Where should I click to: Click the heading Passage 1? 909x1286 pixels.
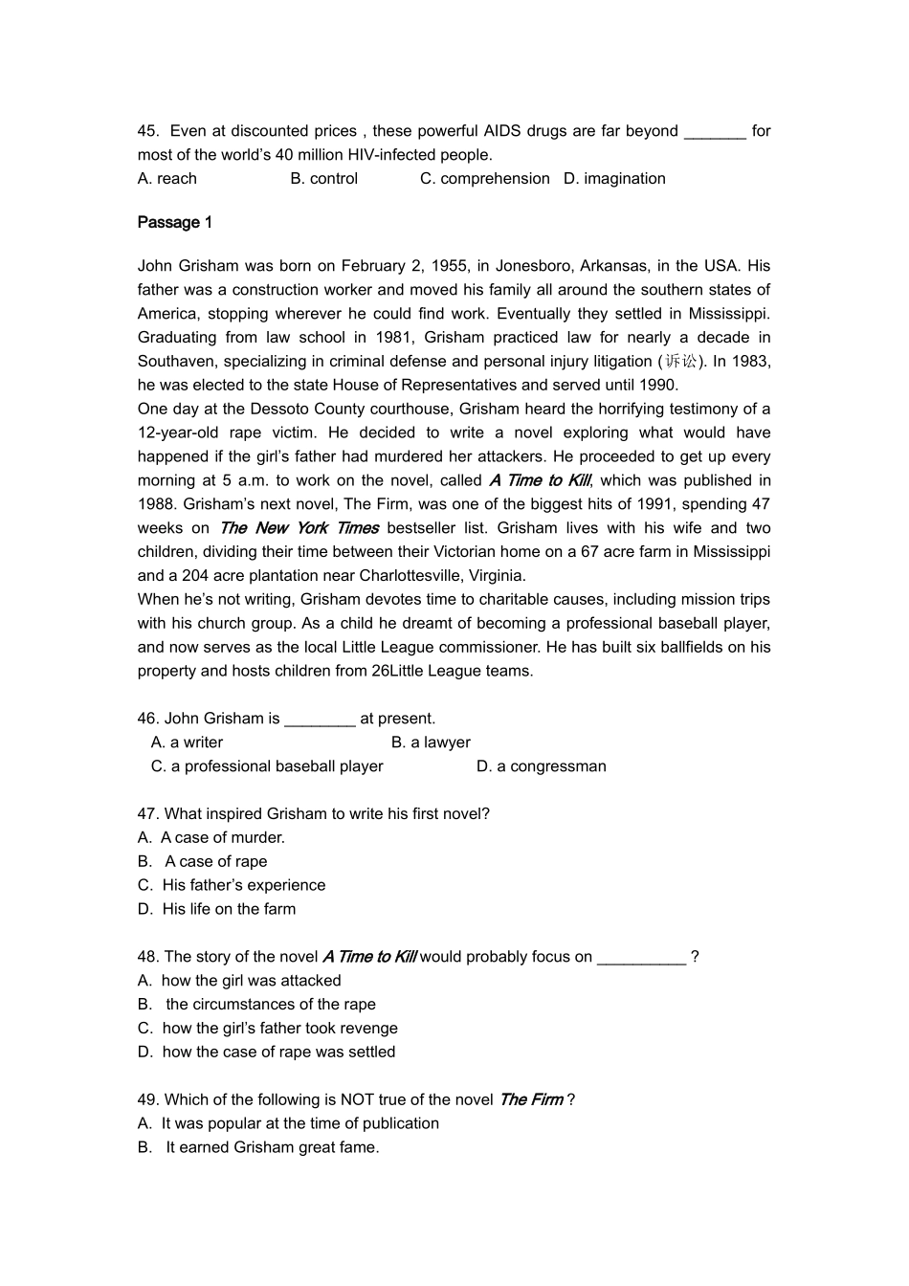pos(175,223)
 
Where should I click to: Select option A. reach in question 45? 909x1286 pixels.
pos(167,179)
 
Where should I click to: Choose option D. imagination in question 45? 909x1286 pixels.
pos(614,179)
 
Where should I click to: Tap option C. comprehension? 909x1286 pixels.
pos(485,179)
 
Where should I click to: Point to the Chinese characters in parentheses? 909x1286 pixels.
pos(682,362)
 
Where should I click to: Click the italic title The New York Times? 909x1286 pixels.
pos(299,528)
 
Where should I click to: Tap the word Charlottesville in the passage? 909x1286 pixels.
pos(409,576)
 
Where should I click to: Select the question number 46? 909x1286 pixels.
pos(147,719)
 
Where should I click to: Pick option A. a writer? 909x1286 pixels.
pos(188,743)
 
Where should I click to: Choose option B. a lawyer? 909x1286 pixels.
pos(431,743)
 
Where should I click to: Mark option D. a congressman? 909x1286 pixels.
pos(542,766)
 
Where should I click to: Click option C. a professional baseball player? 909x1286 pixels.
pos(267,766)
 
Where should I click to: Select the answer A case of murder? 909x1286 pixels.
pos(222,838)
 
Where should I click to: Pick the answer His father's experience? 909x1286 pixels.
pos(243,886)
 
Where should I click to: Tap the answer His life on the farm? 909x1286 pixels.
pos(229,910)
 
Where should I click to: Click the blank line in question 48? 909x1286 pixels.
pos(641,958)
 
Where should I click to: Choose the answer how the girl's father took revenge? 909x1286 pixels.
pos(279,1029)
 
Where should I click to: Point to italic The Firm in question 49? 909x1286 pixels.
pos(531,1100)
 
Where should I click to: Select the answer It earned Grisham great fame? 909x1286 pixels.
pos(272,1148)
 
